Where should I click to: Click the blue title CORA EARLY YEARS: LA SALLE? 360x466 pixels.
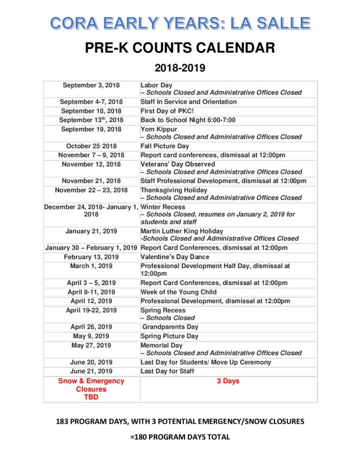[x=180, y=22]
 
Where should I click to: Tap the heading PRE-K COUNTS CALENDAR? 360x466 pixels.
[x=180, y=47]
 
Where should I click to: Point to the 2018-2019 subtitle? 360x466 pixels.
[x=180, y=68]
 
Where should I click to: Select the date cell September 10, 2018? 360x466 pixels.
[x=91, y=111]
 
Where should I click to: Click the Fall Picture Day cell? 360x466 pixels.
[x=165, y=146]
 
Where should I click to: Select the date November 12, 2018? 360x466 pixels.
[x=91, y=164]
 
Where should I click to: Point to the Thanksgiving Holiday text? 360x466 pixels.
[x=174, y=190]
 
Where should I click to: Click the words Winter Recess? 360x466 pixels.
[x=163, y=207]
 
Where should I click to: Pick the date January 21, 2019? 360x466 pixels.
[x=91, y=231]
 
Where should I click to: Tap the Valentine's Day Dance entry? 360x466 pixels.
[x=175, y=257]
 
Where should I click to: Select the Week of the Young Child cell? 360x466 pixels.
[x=178, y=292]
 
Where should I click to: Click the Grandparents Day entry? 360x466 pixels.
[x=170, y=327]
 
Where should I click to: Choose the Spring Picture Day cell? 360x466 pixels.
[x=169, y=336]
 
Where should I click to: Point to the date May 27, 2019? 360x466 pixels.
[x=91, y=345]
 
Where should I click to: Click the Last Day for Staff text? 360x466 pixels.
[x=167, y=371]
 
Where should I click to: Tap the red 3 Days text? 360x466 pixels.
[x=228, y=381]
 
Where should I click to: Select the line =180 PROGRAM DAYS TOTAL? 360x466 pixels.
[x=180, y=437]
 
